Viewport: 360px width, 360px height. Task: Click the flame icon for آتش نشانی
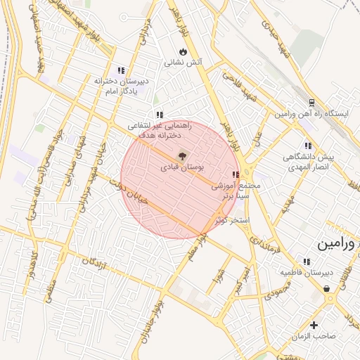[x=184, y=51]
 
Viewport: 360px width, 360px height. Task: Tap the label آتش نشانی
[x=184, y=62]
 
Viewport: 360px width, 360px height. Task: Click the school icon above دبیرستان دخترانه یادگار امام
[x=122, y=70]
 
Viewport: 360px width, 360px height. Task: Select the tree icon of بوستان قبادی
[x=183, y=155]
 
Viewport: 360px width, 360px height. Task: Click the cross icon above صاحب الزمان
[x=314, y=325]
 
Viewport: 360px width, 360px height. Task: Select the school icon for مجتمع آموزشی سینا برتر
[x=234, y=174]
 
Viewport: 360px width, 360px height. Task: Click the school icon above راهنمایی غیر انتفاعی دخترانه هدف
[x=160, y=115]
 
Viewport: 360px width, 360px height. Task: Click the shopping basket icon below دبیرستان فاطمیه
[x=327, y=288]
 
